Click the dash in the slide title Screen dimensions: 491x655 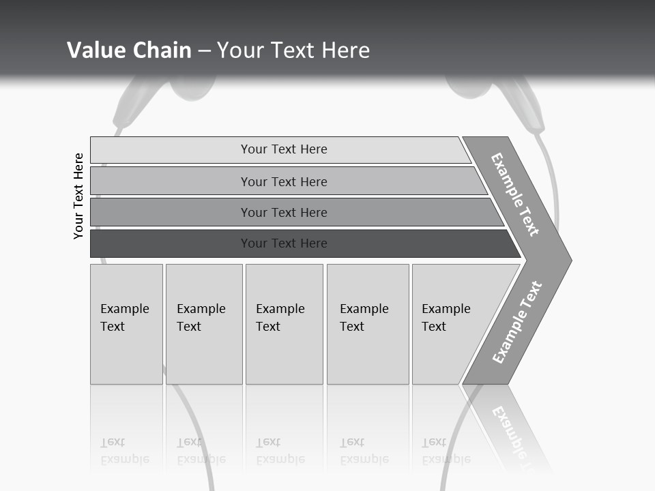[204, 51]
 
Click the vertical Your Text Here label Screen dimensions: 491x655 [78, 196]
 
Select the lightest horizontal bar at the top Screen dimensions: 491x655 [283, 149]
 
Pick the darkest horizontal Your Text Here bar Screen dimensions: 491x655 [283, 243]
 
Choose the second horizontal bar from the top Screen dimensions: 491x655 [283, 181]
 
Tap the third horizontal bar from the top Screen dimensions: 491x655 [283, 212]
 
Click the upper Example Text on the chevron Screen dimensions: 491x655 [515, 194]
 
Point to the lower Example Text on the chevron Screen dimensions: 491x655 [516, 323]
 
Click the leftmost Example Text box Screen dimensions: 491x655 [126, 323]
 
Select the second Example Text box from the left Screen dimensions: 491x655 [203, 323]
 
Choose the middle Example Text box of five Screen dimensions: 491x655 [284, 323]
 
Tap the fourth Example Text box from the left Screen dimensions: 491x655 [367, 323]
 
